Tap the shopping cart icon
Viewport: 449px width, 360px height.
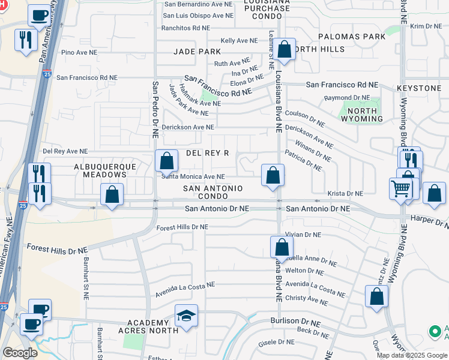click(x=400, y=189)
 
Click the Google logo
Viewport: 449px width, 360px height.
click(x=20, y=353)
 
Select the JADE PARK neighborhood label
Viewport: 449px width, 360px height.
click(x=197, y=52)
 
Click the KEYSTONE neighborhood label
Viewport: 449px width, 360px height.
click(x=419, y=88)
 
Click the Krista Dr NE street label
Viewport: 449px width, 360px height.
click(x=345, y=194)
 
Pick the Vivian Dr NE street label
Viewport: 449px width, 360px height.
click(x=304, y=235)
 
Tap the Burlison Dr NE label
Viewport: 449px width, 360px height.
click(x=295, y=321)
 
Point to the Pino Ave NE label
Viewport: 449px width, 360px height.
click(x=79, y=53)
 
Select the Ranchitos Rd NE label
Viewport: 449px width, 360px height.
click(x=187, y=28)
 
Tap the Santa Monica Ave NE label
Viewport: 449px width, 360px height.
click(x=192, y=176)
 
